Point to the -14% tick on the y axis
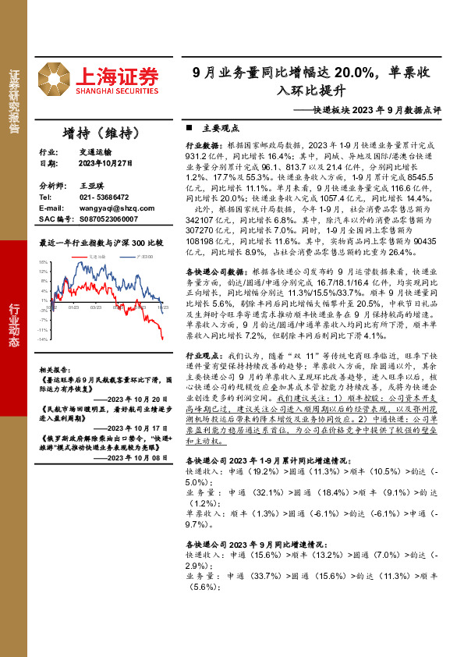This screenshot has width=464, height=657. [x=44, y=339]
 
